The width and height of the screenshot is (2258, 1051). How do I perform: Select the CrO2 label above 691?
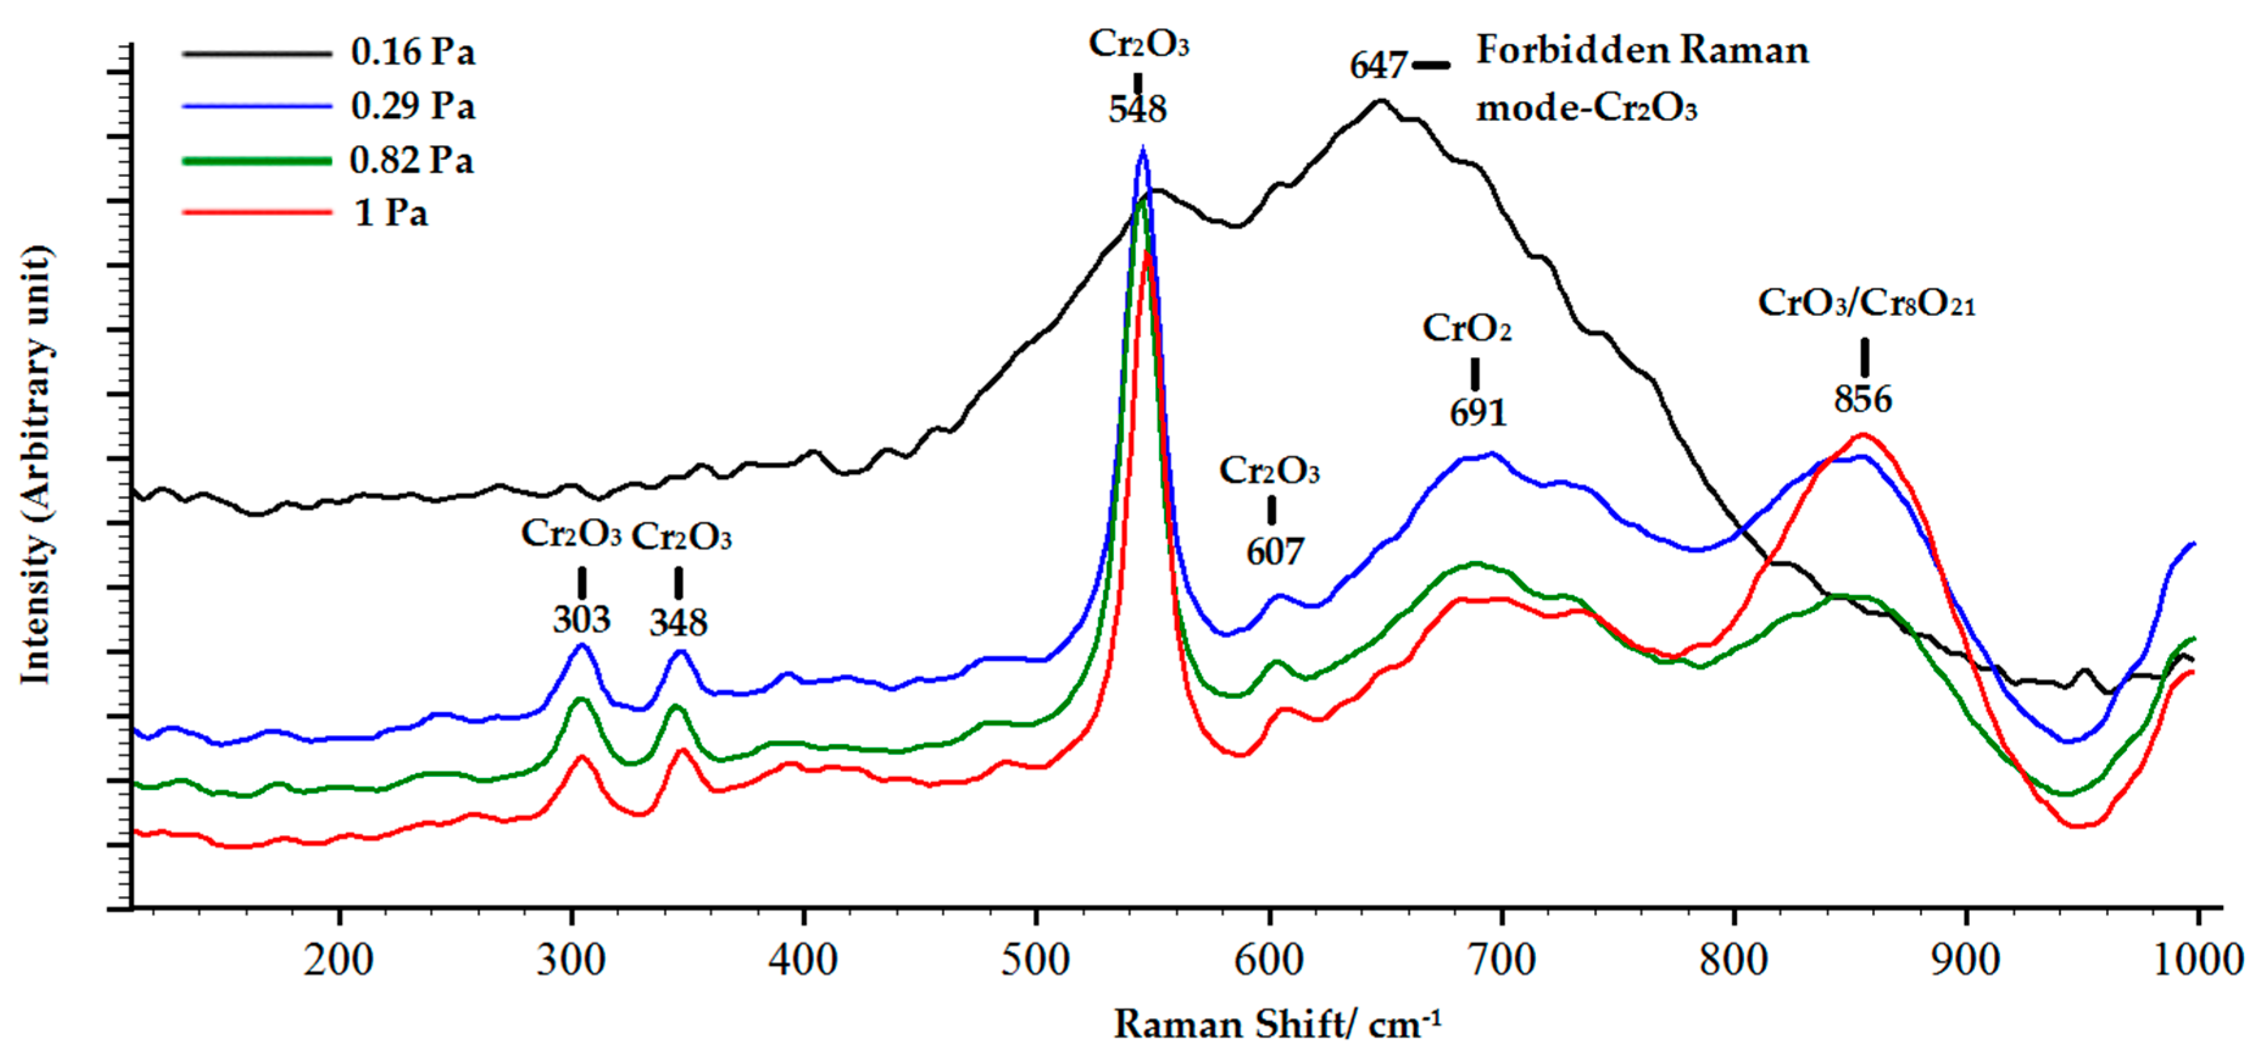(1466, 329)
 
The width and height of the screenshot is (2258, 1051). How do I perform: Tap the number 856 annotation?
(1862, 400)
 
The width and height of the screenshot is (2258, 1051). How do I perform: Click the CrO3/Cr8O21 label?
(1866, 304)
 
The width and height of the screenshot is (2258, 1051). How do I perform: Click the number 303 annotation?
(581, 621)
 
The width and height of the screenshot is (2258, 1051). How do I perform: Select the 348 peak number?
(678, 623)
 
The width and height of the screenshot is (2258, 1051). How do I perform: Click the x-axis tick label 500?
(1035, 960)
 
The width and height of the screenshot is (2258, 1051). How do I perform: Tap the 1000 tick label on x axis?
(2196, 960)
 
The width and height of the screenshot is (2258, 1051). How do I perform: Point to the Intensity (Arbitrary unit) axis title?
(35, 465)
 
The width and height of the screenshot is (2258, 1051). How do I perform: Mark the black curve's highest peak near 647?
(1380, 100)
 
